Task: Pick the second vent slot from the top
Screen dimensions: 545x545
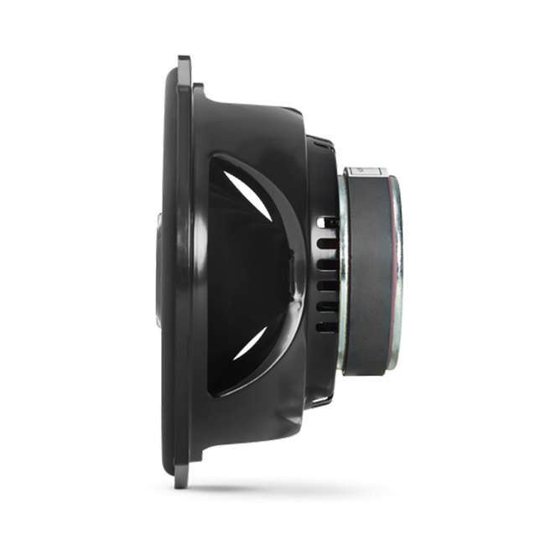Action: click(x=324, y=243)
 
